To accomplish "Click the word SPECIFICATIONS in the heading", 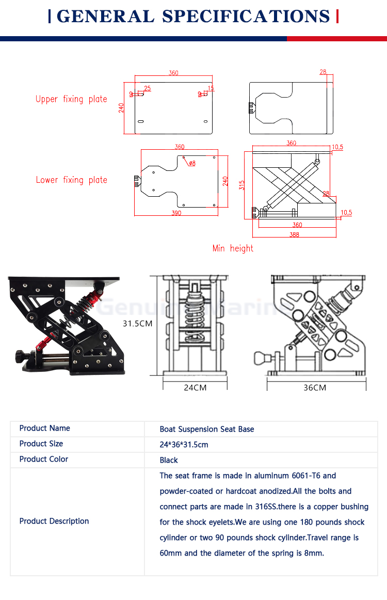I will coord(246,16).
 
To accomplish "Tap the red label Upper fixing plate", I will coord(71,99).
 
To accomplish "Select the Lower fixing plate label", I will coord(71,180).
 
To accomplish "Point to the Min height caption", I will coord(233,248).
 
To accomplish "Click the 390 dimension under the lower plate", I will coord(176,213).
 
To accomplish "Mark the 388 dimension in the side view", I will coord(294,234).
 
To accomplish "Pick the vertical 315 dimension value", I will coord(241,184).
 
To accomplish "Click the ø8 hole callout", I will coord(191,163).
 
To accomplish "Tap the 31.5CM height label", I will coord(137,324).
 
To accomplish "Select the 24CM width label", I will coord(195,387).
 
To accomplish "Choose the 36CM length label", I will coord(315,387).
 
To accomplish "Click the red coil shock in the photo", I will coord(87,304).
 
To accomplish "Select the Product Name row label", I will coord(44,428).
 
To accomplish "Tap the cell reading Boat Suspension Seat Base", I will coord(206,429).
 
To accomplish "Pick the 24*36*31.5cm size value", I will coord(184,444).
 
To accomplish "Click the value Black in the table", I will coord(169,460).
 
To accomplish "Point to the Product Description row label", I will coord(54,521).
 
